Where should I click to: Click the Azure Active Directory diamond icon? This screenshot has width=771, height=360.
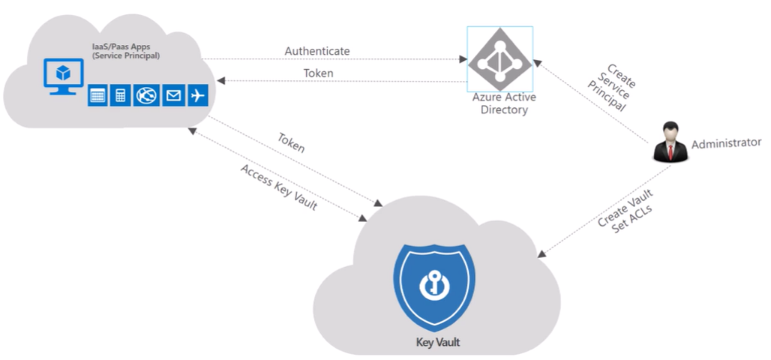point(499,59)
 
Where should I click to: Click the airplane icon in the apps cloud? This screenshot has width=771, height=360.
point(198,95)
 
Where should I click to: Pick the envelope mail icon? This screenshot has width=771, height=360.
point(172,95)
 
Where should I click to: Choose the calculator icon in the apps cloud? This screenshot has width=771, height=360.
point(121,95)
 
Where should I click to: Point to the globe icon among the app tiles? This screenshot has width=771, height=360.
point(145,95)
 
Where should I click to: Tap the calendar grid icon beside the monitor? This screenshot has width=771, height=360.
point(97,95)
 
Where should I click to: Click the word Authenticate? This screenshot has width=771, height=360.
point(317,51)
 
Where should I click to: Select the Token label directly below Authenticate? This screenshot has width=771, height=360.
point(319,73)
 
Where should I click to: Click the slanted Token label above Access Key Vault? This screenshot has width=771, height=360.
point(292,143)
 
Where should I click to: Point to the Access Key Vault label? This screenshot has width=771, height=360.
point(278,187)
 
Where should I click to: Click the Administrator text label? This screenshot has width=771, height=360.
point(726,142)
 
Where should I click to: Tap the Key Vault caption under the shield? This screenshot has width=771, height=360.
point(438,343)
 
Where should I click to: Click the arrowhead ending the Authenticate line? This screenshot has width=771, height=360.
point(462,58)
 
